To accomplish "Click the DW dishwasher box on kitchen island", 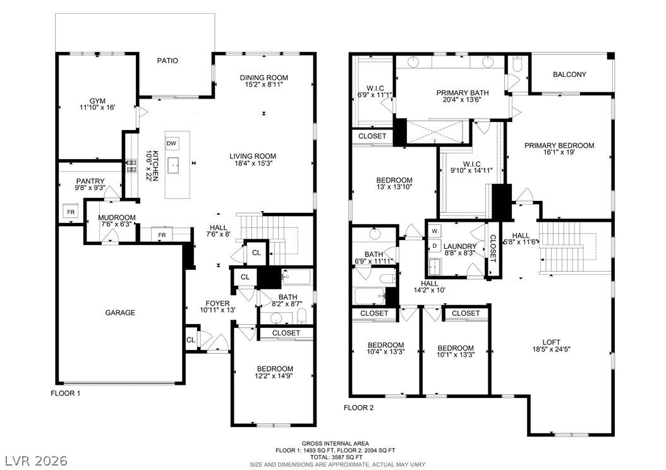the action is pos(171,143).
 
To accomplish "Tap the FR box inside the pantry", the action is pos(71,212).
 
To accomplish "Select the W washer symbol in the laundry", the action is pos(435,231).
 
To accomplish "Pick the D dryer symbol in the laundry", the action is pos(435,245).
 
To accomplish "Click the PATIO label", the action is pos(168,61).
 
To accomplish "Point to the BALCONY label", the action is pos(569,75).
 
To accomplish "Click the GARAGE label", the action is pos(120,313).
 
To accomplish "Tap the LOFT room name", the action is pos(552,342).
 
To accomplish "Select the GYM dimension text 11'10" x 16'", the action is pos(97,107).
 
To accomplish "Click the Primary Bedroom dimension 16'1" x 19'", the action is pos(559,152).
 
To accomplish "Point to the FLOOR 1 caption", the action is pos(66,393).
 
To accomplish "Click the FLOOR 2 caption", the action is pos(358,408).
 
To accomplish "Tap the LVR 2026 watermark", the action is pos(37,461).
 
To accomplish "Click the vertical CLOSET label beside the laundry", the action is pos(493,248).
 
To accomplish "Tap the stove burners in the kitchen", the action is pos(130,166).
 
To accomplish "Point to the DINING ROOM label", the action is pos(263,78).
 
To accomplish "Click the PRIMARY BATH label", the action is pos(463,93).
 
